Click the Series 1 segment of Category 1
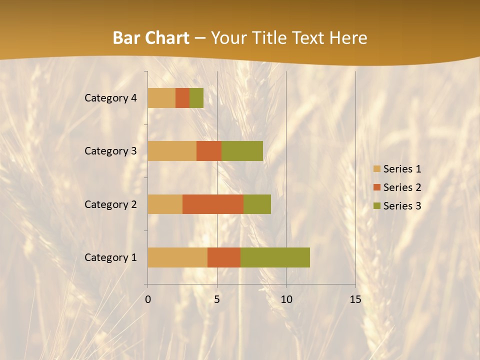pyautogui.click(x=177, y=257)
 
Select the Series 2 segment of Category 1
pyautogui.click(x=224, y=257)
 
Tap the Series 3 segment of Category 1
pyautogui.click(x=275, y=257)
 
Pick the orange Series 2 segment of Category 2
pyautogui.click(x=213, y=204)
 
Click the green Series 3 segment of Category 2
pyautogui.click(x=257, y=204)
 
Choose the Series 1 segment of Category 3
pyautogui.click(x=172, y=151)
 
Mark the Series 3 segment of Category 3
pyautogui.click(x=242, y=151)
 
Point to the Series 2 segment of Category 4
pyautogui.click(x=182, y=98)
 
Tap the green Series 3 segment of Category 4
pyautogui.click(x=196, y=98)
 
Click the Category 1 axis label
pyautogui.click(x=110, y=257)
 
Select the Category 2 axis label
pyautogui.click(x=110, y=204)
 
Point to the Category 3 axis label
pyautogui.click(x=110, y=151)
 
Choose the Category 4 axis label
pyautogui.click(x=110, y=98)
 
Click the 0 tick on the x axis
pyautogui.click(x=148, y=299)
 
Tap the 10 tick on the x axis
pyautogui.click(x=286, y=299)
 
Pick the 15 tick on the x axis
pyautogui.click(x=355, y=299)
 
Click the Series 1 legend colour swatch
pyautogui.click(x=376, y=169)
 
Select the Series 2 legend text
pyautogui.click(x=402, y=187)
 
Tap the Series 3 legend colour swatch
pyautogui.click(x=376, y=206)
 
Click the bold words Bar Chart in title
pyautogui.click(x=151, y=38)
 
